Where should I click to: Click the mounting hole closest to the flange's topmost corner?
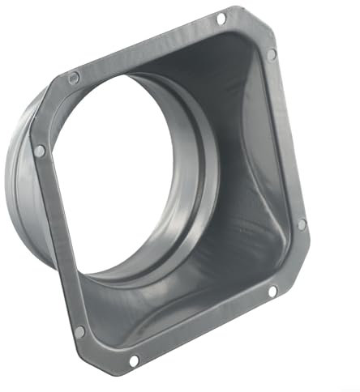coord(221,17)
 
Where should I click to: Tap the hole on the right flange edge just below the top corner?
coord(271,53)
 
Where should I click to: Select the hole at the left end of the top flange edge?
coord(74,77)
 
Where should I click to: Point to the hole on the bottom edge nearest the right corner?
coord(272,290)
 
